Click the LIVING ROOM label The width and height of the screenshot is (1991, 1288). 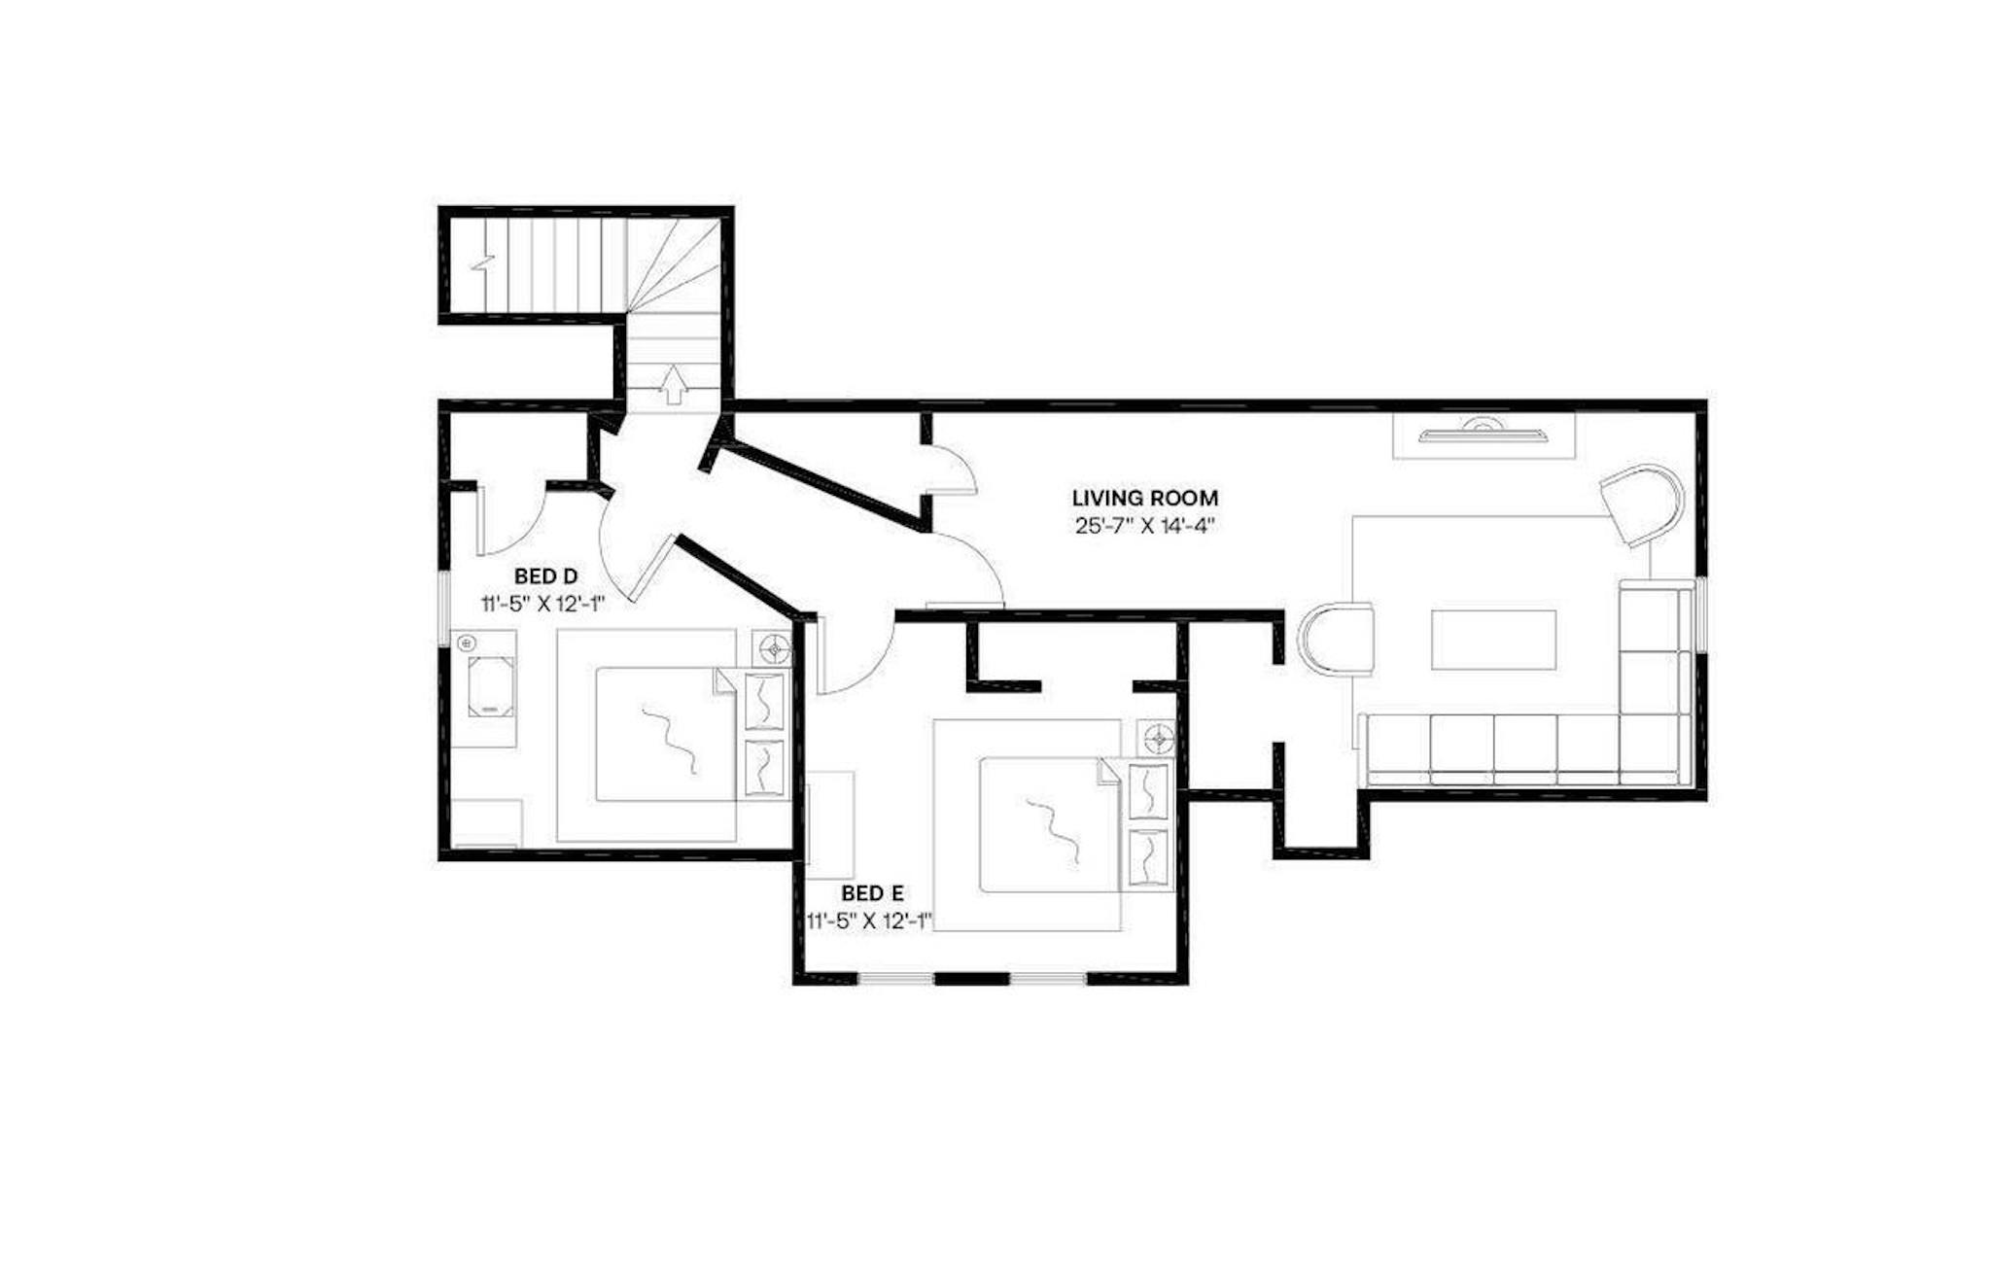tap(1144, 499)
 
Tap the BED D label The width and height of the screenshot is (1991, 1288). tap(545, 577)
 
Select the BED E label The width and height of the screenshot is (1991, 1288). tap(872, 893)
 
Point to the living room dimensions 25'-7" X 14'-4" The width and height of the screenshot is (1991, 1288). tap(1145, 527)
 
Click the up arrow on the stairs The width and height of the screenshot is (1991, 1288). tap(672, 385)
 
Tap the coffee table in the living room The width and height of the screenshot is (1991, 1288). tap(1493, 639)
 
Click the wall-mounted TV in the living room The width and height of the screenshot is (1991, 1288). tap(1483, 433)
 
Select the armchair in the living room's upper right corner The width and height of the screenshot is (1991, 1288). tap(1642, 506)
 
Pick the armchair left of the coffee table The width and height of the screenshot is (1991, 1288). tap(1337, 639)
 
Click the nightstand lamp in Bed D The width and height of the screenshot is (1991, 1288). tap(775, 647)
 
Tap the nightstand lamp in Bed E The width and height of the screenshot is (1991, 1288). tap(1159, 740)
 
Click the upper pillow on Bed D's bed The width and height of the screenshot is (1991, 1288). tap(764, 700)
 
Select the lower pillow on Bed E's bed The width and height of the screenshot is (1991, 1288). tap(1148, 856)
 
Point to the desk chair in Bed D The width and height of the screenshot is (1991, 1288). tap(491, 686)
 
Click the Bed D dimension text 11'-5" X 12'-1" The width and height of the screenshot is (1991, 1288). tap(543, 604)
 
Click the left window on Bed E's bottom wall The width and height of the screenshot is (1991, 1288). tap(896, 978)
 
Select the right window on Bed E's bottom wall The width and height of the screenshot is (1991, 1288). tap(1048, 978)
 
